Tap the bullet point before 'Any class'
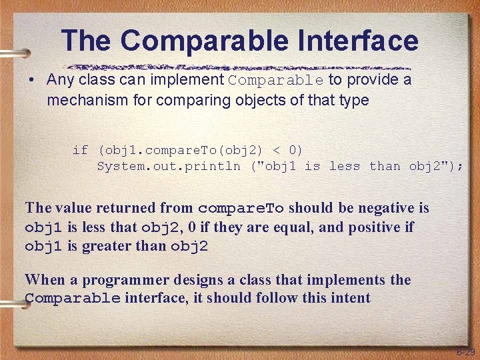point(31,81)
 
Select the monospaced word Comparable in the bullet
point(276,81)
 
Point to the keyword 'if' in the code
point(80,149)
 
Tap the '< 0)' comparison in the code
point(283,149)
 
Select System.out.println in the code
point(168,166)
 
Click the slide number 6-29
point(465,351)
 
